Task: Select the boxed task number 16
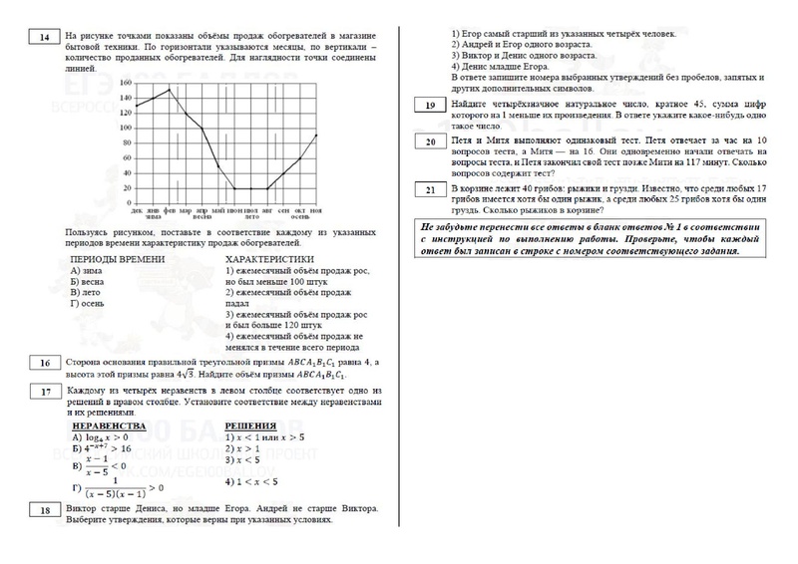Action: pyautogui.click(x=45, y=364)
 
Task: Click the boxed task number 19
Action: pyautogui.click(x=429, y=105)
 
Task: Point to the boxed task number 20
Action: pyautogui.click(x=429, y=143)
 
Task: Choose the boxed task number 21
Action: pyautogui.click(x=429, y=189)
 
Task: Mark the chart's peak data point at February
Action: pyautogui.click(x=169, y=90)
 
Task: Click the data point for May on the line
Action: pyautogui.click(x=218, y=164)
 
